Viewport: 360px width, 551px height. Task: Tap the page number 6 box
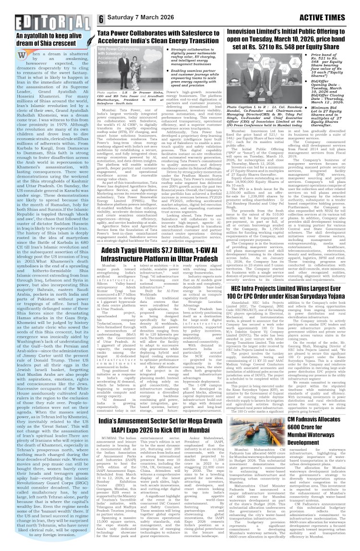coord(102,19)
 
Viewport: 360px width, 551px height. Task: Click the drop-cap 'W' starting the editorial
coord(21,56)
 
